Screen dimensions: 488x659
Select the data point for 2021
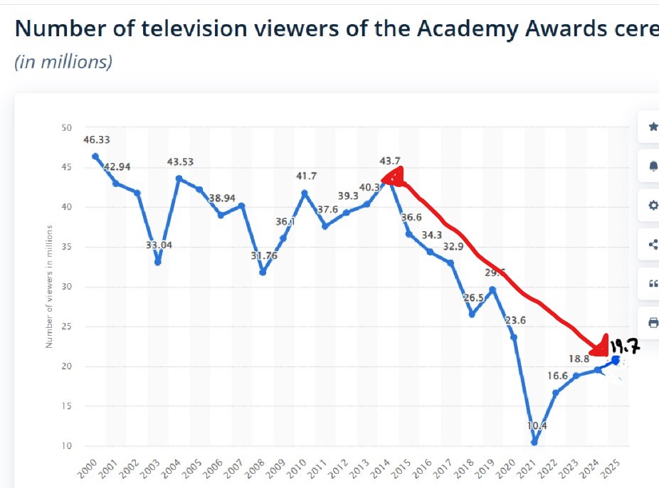534,442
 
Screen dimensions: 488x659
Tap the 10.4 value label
537,426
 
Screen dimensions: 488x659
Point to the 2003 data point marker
157,262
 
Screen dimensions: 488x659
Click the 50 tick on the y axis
67,128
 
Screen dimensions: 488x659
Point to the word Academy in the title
463,29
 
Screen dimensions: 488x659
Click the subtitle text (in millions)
63,62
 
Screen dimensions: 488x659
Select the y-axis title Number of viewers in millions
50,286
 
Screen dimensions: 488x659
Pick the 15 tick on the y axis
67,406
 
